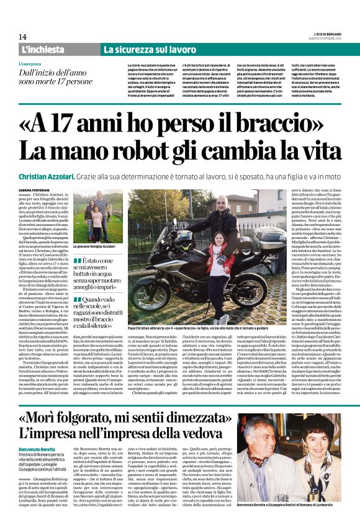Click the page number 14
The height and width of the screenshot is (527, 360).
pyautogui.click(x=22, y=37)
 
